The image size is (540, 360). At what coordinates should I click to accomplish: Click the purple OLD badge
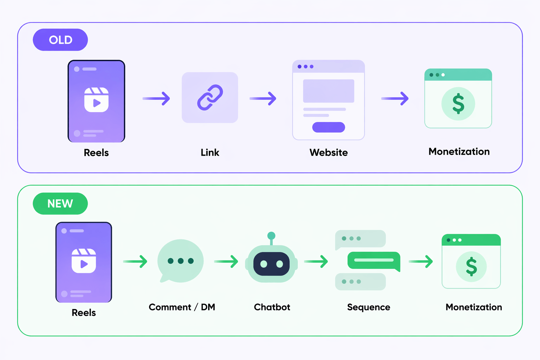(60, 40)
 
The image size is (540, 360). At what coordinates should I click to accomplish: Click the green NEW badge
(60, 204)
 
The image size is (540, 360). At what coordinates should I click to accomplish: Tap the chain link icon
(210, 97)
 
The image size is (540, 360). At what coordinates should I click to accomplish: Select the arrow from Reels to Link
(156, 98)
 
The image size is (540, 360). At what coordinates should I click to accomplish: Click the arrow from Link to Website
(263, 98)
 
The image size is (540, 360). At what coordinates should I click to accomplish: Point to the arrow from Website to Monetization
(395, 98)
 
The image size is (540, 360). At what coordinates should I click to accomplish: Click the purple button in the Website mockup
(328, 127)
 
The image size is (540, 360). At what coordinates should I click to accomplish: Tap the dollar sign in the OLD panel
(458, 104)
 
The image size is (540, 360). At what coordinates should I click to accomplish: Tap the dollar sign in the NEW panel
(471, 266)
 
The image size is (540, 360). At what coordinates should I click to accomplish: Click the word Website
(328, 153)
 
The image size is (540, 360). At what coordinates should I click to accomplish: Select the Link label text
(210, 153)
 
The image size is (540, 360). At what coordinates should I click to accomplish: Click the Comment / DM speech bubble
(180, 261)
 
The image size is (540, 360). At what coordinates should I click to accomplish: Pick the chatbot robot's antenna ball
(271, 236)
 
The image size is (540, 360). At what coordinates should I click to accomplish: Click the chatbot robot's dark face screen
(271, 264)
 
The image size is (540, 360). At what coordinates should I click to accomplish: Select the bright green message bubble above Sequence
(373, 261)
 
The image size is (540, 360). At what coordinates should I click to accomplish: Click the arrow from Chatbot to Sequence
(316, 261)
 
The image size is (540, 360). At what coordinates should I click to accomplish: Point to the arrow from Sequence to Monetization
(420, 261)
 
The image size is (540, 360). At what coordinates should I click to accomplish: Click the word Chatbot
(272, 307)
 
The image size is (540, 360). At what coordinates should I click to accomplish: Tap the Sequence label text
(368, 307)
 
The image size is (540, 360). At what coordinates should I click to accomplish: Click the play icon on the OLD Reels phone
(96, 103)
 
